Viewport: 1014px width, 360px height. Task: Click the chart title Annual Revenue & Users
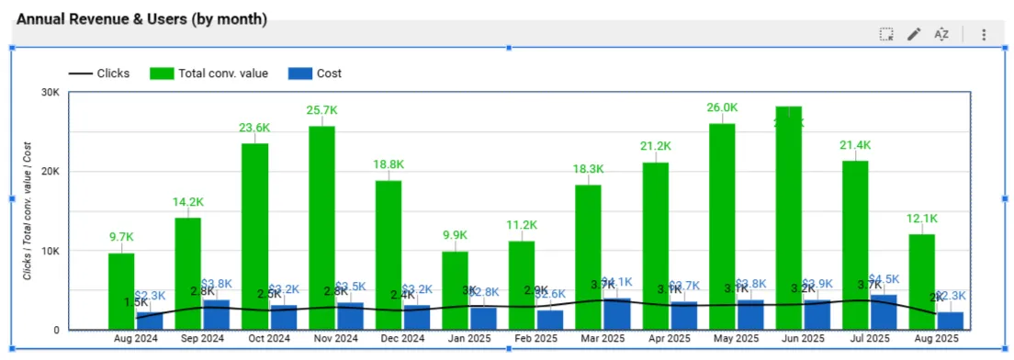tap(141, 18)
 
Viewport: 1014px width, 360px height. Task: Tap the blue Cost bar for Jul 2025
tap(884, 312)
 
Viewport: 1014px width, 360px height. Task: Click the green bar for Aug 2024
tap(121, 291)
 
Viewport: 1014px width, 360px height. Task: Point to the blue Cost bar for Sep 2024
tap(217, 315)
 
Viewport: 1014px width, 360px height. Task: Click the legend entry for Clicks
tap(99, 73)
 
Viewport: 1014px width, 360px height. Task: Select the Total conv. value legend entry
tap(210, 73)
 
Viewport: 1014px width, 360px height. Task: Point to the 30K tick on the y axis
tap(51, 92)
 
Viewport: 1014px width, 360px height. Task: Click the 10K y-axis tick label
tap(51, 251)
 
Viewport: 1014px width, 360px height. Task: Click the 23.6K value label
tap(255, 128)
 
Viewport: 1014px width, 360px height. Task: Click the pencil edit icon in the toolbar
tap(914, 34)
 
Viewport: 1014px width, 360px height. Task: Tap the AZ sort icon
tap(941, 34)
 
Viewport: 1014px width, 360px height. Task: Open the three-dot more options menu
tap(984, 34)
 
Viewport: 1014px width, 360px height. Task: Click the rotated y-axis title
tap(28, 211)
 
